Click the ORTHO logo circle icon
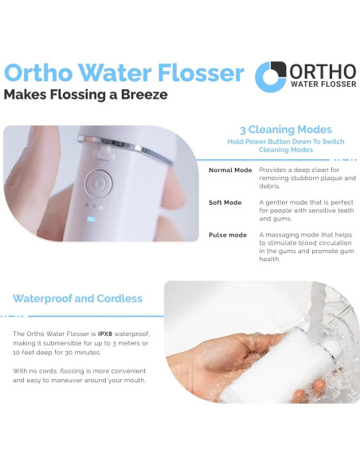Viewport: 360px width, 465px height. click(271, 76)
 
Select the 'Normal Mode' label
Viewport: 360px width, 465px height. click(230, 170)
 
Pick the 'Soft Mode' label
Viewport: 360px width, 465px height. click(225, 202)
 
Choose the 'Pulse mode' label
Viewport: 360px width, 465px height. click(228, 235)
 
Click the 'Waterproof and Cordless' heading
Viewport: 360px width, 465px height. click(77, 299)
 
